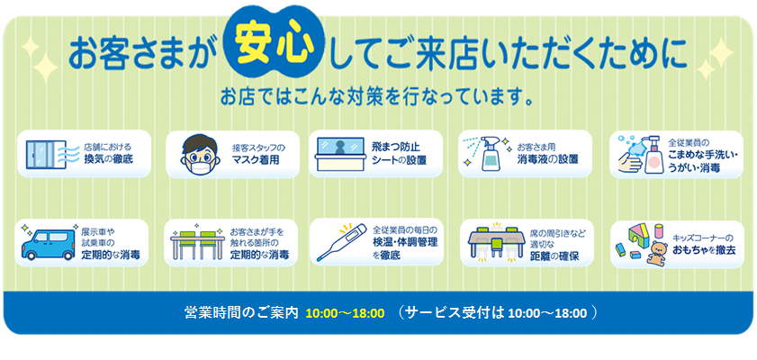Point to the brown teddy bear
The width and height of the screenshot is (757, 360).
(653, 252)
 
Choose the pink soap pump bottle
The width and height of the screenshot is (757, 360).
(647, 155)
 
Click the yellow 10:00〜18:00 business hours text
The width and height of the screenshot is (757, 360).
(345, 313)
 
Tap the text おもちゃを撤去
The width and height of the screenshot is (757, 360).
(704, 249)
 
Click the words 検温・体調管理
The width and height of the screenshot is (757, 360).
(405, 242)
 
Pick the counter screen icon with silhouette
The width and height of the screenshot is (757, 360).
(340, 154)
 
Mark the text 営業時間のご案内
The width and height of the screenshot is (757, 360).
(241, 313)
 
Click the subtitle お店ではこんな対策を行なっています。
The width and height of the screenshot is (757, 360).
(377, 96)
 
